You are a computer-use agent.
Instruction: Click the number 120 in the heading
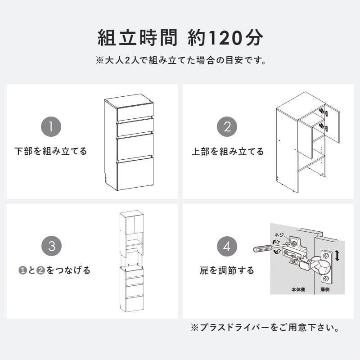pos(225,38)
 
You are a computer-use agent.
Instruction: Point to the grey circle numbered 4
pos(227,246)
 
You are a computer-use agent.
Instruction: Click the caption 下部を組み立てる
pos(51,151)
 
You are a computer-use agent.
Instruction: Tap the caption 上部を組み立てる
pos(228,151)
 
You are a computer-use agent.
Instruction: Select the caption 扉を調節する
pos(227,270)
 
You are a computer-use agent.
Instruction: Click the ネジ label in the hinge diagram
pos(279,235)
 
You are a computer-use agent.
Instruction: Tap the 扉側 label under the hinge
pos(324,290)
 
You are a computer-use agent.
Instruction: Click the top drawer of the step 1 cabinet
pos(135,112)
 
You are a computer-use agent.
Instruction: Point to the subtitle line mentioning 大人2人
pos(180,60)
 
